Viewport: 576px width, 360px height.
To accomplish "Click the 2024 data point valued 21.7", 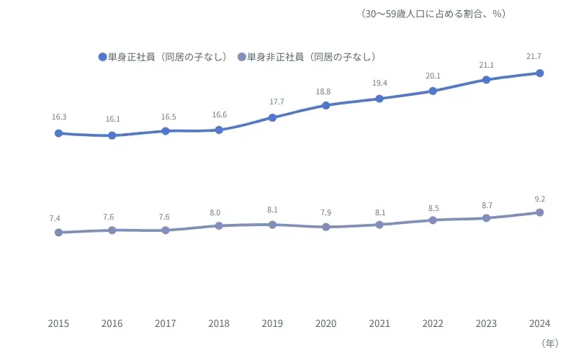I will (539, 73).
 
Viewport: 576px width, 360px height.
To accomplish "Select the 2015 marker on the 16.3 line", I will (58, 133).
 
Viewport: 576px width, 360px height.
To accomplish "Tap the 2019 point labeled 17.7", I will (272, 117).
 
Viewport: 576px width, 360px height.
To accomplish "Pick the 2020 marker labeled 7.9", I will (325, 227).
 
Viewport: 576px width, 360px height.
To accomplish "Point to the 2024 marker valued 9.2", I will (539, 212).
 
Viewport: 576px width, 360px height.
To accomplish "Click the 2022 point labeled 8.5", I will (433, 220).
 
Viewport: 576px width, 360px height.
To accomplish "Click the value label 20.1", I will (433, 76).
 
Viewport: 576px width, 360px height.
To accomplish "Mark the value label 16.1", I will (112, 120).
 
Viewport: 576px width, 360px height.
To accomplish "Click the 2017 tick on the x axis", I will (165, 323).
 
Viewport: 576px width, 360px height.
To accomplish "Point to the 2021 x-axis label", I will (379, 323).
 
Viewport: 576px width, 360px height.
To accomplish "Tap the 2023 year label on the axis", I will (486, 323).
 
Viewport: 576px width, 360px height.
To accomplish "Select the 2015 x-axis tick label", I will (58, 323).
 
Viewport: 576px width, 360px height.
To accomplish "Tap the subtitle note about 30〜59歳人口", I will (433, 14).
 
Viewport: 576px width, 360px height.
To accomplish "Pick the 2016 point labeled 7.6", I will (112, 230).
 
